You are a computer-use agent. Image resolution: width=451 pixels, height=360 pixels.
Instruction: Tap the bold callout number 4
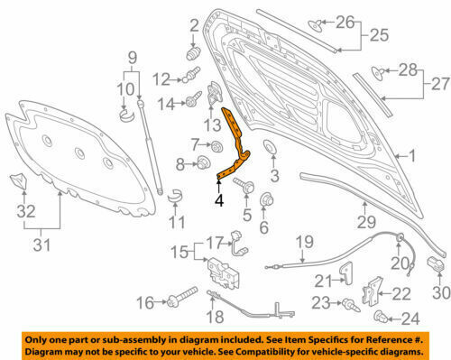[x=219, y=200]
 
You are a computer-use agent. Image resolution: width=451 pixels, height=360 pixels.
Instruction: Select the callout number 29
[x=366, y=222]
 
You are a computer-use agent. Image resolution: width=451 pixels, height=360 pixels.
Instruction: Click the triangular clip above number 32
[x=19, y=181]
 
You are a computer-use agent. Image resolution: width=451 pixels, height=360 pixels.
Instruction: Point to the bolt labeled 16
[x=181, y=297]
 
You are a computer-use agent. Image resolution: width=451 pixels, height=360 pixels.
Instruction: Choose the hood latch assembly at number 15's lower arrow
[x=224, y=273]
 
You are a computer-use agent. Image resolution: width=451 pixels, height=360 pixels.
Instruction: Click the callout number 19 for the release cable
[x=305, y=242]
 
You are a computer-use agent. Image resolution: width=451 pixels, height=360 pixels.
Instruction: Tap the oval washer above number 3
[x=269, y=146]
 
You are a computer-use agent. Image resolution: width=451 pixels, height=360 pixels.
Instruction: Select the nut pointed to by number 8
[x=203, y=162]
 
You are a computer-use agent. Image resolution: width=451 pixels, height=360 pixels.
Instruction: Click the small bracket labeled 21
[x=346, y=272]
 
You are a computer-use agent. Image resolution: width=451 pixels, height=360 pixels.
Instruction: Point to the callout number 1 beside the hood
[x=411, y=156]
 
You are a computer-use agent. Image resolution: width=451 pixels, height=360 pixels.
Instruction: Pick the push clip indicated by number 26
[x=316, y=24]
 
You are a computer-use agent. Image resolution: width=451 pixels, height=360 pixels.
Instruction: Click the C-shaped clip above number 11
[x=175, y=197]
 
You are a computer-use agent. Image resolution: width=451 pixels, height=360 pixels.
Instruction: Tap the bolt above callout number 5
[x=244, y=185]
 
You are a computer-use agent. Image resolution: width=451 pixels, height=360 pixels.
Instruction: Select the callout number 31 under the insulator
[x=41, y=245]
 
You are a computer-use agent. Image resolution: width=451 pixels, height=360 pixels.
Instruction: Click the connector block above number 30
[x=436, y=264]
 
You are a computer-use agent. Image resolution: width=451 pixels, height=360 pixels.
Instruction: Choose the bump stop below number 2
[x=193, y=53]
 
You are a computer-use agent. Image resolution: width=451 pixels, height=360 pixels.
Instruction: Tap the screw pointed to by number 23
[x=351, y=304]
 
